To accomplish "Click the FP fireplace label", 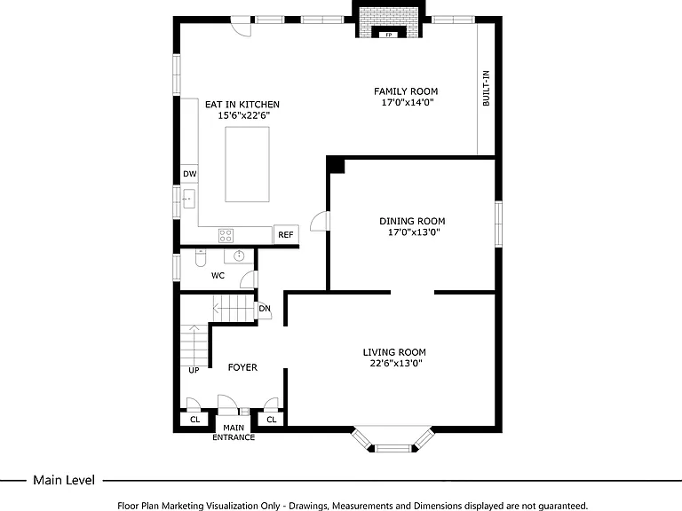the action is tap(388, 35).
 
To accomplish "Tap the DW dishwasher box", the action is tap(190, 174).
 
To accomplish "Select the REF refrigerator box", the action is tap(286, 234).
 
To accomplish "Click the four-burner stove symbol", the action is tap(226, 235).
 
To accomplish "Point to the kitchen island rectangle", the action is tap(247, 164).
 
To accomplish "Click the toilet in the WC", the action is tap(200, 258).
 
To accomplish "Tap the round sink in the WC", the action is tap(239, 255).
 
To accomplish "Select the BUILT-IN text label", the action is tap(486, 88).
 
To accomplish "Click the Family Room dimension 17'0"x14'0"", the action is tap(408, 103).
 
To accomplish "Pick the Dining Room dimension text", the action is tap(414, 232).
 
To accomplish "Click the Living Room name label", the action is tap(394, 352).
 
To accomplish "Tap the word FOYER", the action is tap(242, 367).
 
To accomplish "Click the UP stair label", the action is tap(194, 370).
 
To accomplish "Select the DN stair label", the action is tap(265, 309).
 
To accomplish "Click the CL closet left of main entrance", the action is tap(194, 420).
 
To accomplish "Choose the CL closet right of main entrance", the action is tap(272, 420).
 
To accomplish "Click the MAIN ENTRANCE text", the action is tap(234, 432).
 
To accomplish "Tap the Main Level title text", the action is tap(64, 480).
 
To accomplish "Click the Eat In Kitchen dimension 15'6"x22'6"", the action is tap(244, 115).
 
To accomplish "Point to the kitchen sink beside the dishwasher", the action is tap(189, 199).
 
